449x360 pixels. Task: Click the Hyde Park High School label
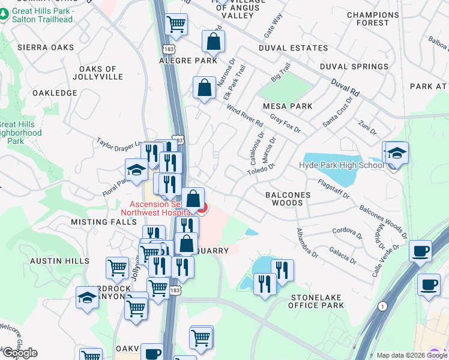coord(341,165)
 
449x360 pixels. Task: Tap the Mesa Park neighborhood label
coord(288,106)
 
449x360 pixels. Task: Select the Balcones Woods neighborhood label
coord(288,199)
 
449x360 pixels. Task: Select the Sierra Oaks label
coord(46,47)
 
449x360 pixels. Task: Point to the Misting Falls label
coord(98,222)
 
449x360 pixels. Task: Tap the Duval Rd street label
coord(347,88)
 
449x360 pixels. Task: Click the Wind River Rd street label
coord(244,115)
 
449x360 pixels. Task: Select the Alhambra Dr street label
coord(306,242)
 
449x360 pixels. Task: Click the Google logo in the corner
coord(20,353)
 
